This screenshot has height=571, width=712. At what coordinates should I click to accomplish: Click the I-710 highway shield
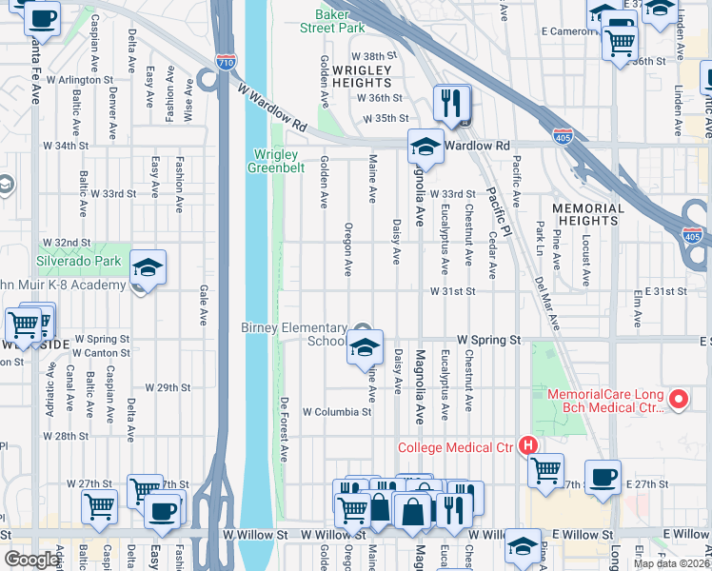pyautogui.click(x=226, y=63)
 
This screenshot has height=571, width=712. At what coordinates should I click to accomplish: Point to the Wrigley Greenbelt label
pyautogui.click(x=276, y=163)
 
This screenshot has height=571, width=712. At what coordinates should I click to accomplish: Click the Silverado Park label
pyautogui.click(x=79, y=260)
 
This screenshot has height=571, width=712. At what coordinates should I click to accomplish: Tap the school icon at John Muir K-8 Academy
pyautogui.click(x=148, y=268)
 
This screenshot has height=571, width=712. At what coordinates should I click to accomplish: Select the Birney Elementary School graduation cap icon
pyautogui.click(x=364, y=348)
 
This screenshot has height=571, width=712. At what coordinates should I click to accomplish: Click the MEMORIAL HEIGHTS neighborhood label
pyautogui.click(x=588, y=216)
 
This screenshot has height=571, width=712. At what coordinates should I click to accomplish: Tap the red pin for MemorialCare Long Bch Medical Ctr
pyautogui.click(x=679, y=400)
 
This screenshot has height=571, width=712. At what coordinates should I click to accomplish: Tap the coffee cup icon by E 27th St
pyautogui.click(x=602, y=478)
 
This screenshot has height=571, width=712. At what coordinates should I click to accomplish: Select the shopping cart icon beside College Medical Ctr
pyautogui.click(x=545, y=470)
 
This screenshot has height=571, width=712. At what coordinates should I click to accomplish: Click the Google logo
pyautogui.click(x=31, y=560)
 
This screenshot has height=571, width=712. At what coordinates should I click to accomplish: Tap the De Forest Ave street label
pyautogui.click(x=284, y=429)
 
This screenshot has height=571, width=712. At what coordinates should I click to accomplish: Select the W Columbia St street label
pyautogui.click(x=336, y=412)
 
